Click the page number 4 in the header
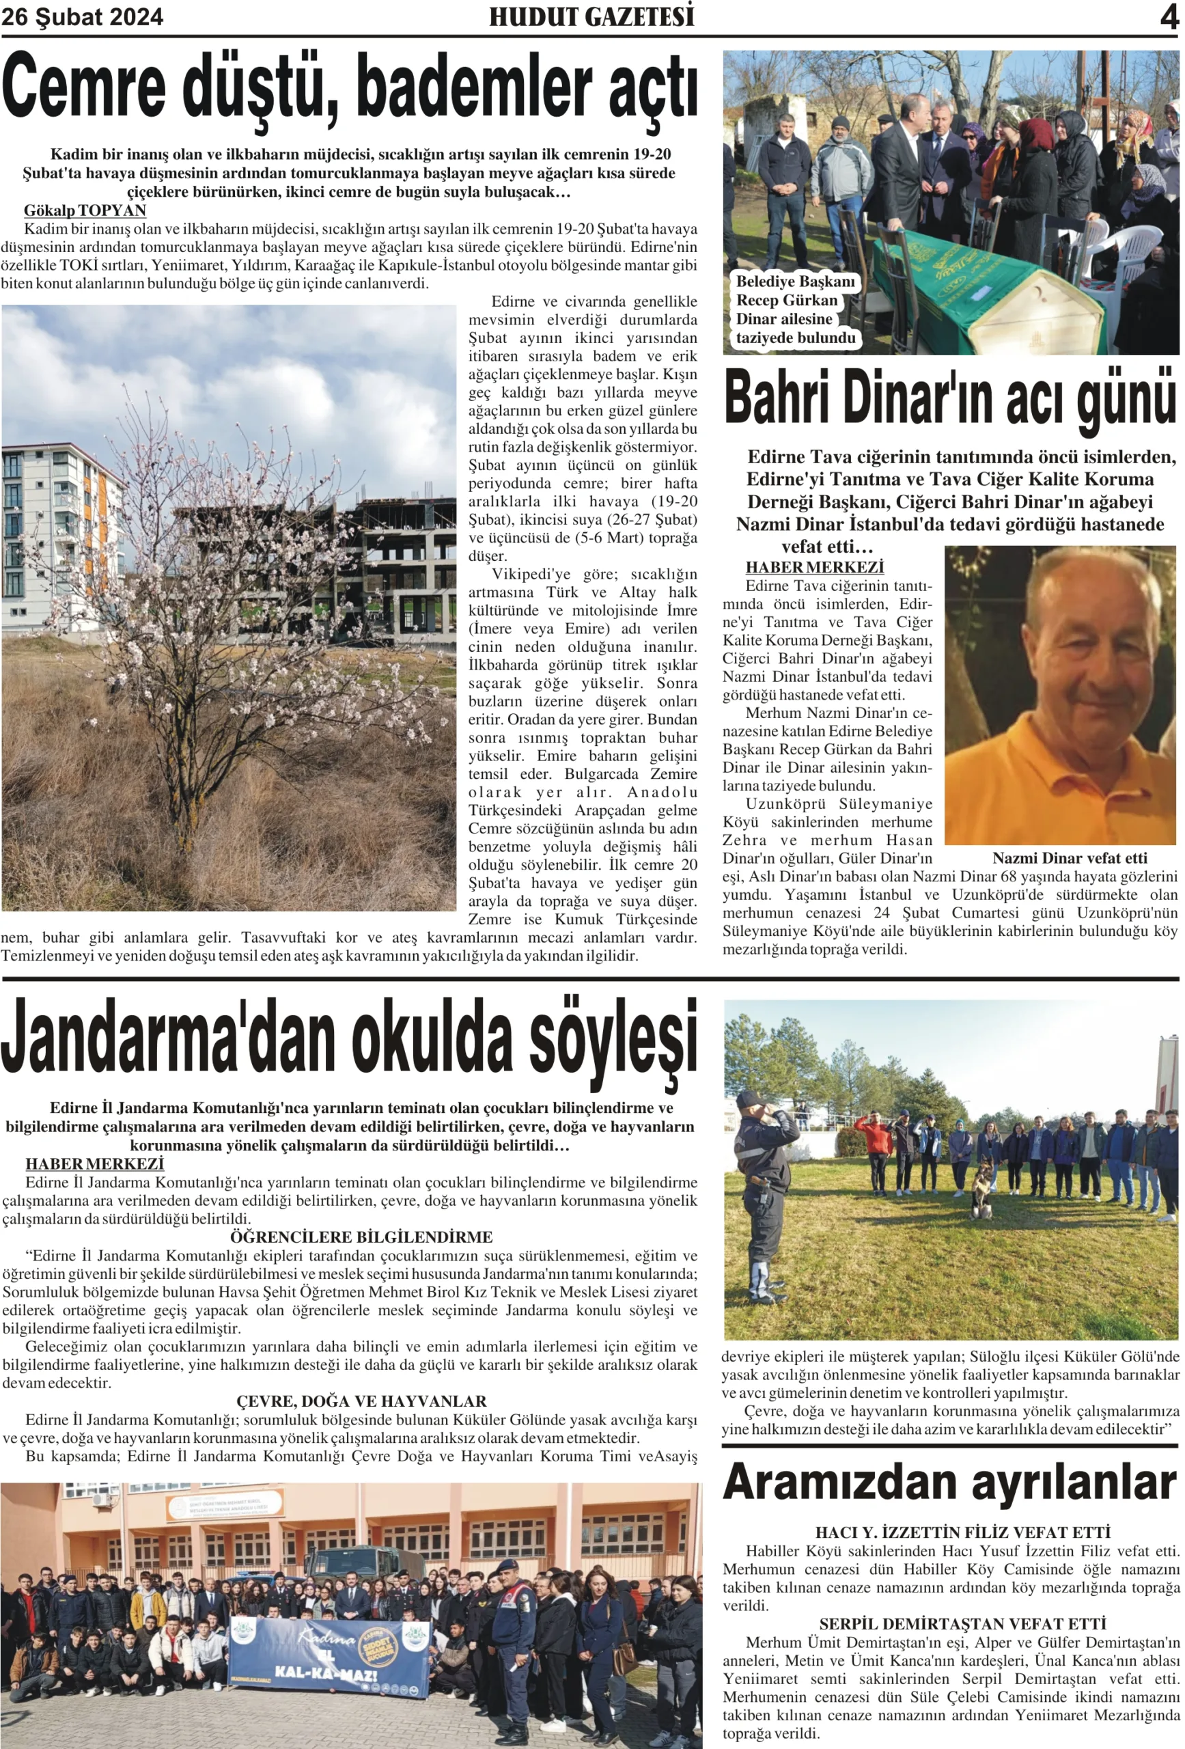[x=1169, y=16]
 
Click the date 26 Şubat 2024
[x=82, y=16]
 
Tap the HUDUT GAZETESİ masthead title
[x=591, y=16]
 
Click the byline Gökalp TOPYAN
[x=85, y=210]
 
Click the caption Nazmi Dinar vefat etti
[x=1069, y=858]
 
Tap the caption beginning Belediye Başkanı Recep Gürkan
[x=795, y=310]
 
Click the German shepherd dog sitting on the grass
[x=982, y=1189]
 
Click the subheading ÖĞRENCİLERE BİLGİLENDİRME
[x=361, y=1237]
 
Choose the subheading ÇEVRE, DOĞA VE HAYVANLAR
[x=361, y=1401]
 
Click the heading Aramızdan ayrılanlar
[x=949, y=1483]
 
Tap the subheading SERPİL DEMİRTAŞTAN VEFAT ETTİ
[x=962, y=1623]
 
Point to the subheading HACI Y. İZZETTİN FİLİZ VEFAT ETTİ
[x=962, y=1532]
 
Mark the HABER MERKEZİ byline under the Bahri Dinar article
[x=814, y=566]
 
